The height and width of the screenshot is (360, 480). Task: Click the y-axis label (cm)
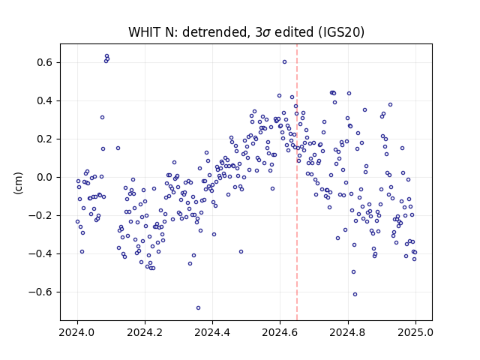pos(18,183)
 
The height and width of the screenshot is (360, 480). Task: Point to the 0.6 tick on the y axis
pos(46,62)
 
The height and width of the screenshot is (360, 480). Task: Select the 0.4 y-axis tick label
pos(46,100)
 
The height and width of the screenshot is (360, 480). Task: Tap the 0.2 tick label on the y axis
pos(46,139)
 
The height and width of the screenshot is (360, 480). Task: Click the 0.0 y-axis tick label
pos(46,177)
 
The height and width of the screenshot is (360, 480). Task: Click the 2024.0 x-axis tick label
pos(77,332)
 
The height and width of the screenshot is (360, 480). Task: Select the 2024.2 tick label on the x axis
pos(145,332)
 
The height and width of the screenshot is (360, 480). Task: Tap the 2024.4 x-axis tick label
pos(212,332)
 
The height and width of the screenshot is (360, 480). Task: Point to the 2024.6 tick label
pos(280,332)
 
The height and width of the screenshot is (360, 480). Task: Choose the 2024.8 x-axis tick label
pos(348,332)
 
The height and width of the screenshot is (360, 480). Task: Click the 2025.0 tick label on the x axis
pos(415,332)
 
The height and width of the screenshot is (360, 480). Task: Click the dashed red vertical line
pos(297,182)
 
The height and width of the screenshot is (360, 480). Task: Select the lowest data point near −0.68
pos(198,308)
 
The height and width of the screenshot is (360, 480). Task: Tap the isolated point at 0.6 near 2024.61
pos(284,61)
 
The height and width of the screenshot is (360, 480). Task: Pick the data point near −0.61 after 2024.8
pos(355,295)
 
